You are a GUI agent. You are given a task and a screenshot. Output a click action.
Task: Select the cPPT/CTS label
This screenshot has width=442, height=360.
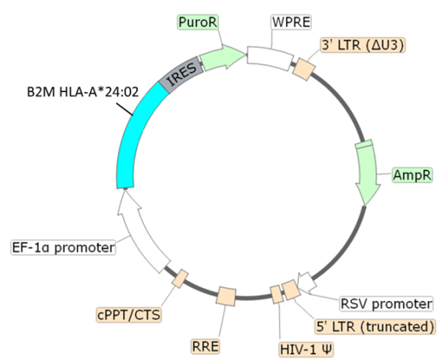[129, 314]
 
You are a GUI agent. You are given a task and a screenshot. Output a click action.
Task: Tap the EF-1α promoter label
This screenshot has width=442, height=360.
[63, 247]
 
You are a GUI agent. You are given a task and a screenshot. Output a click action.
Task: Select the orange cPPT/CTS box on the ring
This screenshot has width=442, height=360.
[180, 278]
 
